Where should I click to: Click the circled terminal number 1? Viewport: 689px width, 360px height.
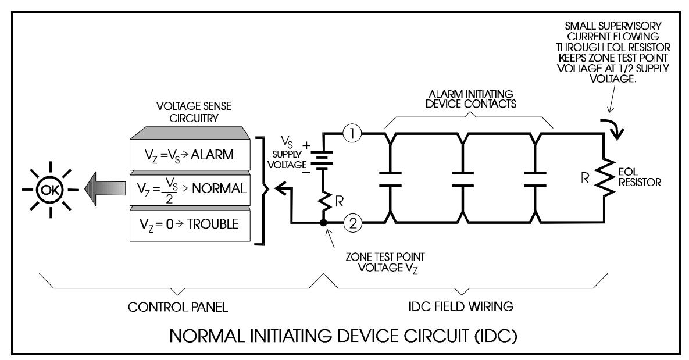[352, 133]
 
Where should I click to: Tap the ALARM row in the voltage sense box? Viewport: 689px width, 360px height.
[190, 154]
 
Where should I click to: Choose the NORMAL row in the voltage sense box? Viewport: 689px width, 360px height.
[190, 190]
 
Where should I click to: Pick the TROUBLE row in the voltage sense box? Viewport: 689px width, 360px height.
[190, 224]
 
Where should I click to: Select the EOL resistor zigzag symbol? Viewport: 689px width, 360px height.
[605, 177]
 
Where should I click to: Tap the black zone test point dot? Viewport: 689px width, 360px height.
[323, 223]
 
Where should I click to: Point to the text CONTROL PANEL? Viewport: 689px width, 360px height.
[177, 307]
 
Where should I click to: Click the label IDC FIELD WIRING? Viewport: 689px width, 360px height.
[461, 306]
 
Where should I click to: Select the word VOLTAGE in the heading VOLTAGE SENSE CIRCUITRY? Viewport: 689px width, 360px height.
[174, 106]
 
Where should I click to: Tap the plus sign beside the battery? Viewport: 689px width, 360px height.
[306, 144]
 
